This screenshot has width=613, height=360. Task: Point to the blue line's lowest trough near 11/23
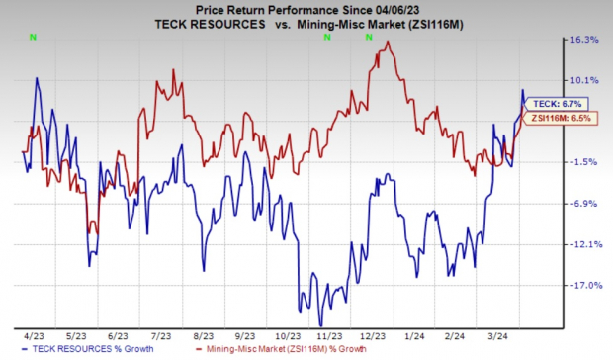(x=320, y=324)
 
